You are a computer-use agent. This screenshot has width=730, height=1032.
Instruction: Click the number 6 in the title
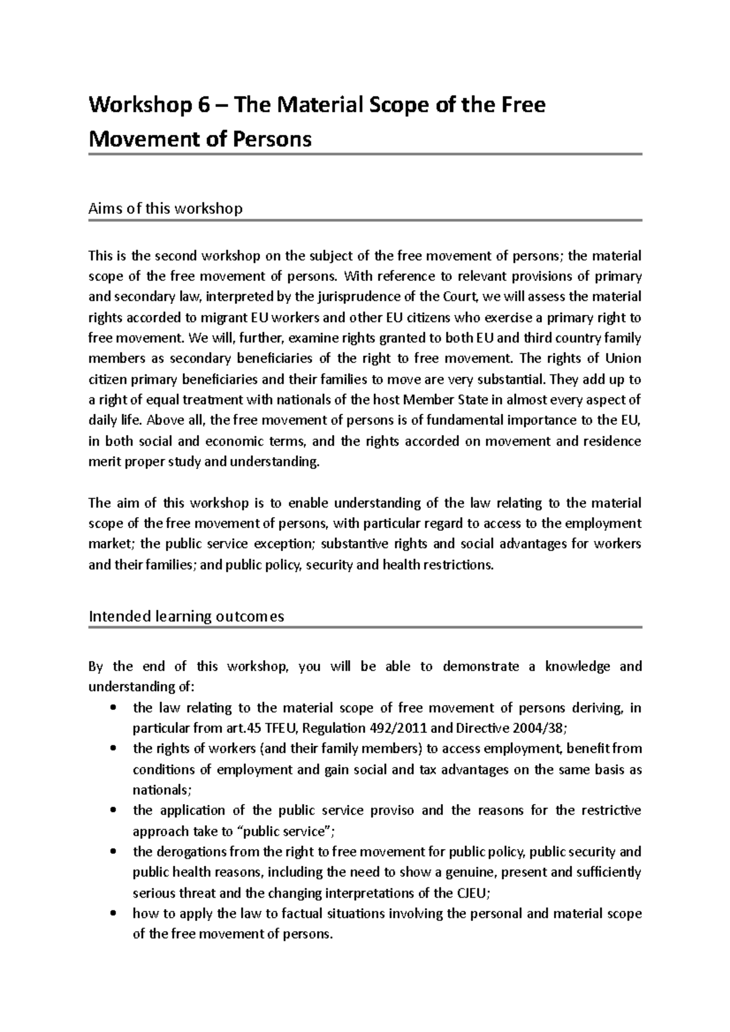[203, 106]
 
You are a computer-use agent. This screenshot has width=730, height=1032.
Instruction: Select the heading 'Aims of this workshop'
[165, 208]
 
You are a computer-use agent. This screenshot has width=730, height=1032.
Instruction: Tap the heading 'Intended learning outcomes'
[186, 616]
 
